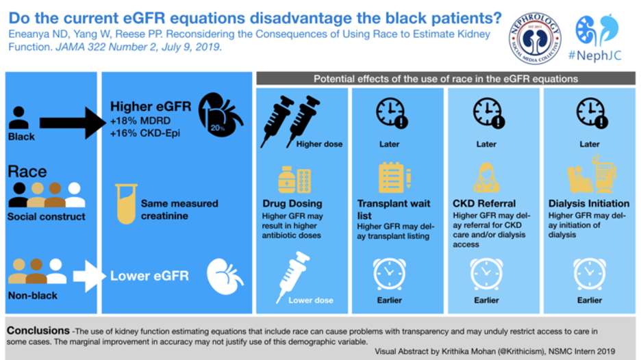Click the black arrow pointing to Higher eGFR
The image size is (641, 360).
pos(69,123)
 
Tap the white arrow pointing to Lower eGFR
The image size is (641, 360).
pos(88,277)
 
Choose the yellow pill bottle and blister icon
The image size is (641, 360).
pos(295,180)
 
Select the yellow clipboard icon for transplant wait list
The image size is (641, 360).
pos(391,177)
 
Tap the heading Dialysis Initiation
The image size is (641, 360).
pos(588,203)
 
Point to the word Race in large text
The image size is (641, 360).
pos(27,171)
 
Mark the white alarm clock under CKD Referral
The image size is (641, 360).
pos(486,273)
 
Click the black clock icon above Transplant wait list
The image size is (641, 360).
pos(391,114)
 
